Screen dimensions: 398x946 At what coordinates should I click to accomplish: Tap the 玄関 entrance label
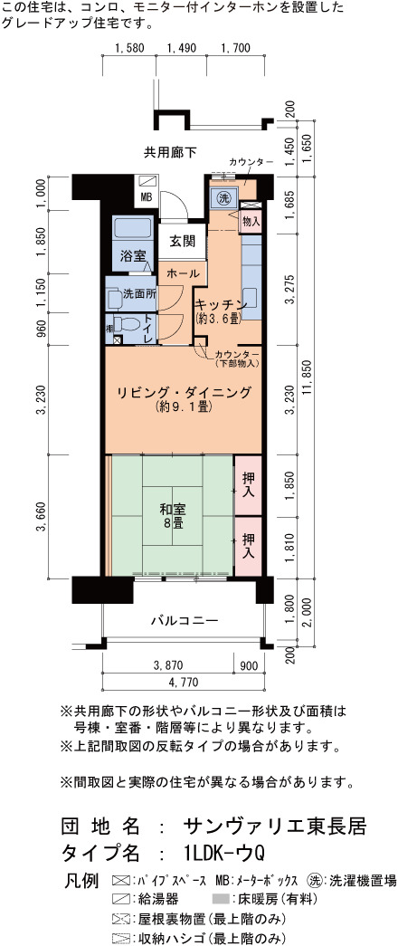[182, 242]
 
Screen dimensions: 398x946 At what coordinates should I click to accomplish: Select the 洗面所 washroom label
[140, 295]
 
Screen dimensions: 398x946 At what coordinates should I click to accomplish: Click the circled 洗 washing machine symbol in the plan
[223, 197]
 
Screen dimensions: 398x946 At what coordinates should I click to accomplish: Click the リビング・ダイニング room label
[184, 394]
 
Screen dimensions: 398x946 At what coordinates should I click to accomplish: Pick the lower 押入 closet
[248, 545]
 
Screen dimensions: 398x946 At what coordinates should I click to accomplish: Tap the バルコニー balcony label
[184, 619]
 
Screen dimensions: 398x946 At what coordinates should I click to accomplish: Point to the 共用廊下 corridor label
[170, 151]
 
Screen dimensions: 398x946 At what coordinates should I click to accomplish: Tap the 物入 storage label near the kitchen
[251, 221]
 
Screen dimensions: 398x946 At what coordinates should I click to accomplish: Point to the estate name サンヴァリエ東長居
[274, 824]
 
